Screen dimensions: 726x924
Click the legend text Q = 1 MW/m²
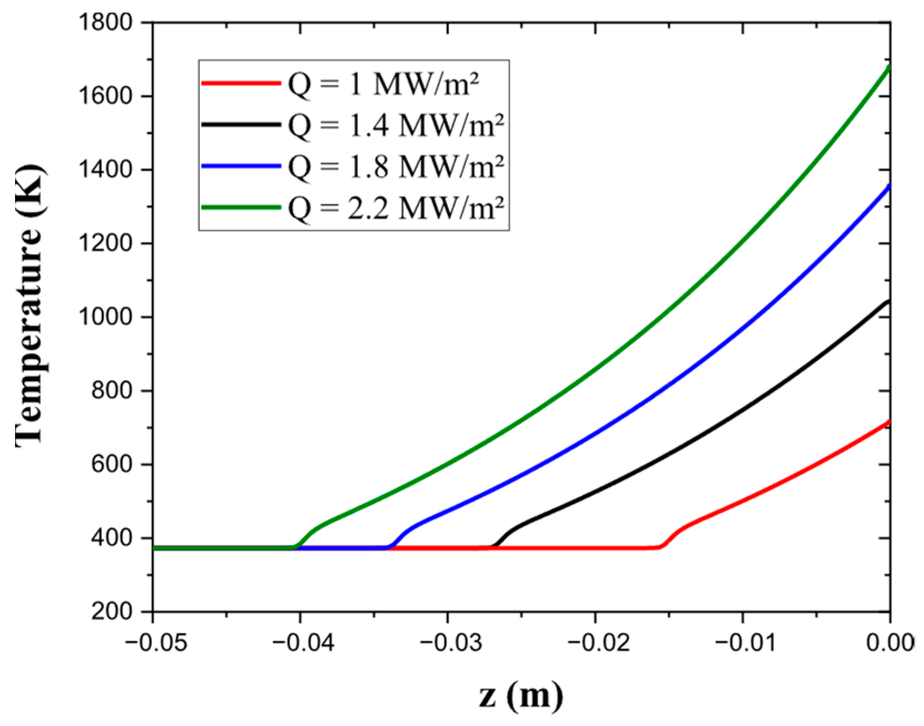click(383, 85)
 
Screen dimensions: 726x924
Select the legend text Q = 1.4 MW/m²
click(396, 126)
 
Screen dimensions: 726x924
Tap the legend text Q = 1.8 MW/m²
click(396, 167)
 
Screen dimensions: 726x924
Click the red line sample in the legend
click(241, 84)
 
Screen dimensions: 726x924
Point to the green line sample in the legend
click(241, 208)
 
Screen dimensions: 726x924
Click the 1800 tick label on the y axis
click(106, 23)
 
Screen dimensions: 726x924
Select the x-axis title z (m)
click(521, 696)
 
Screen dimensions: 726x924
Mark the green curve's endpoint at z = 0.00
click(889, 67)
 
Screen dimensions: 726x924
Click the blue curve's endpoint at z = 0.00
click(889, 186)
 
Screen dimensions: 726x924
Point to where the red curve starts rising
click(661, 547)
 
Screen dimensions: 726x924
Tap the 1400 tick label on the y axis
click(106, 170)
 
